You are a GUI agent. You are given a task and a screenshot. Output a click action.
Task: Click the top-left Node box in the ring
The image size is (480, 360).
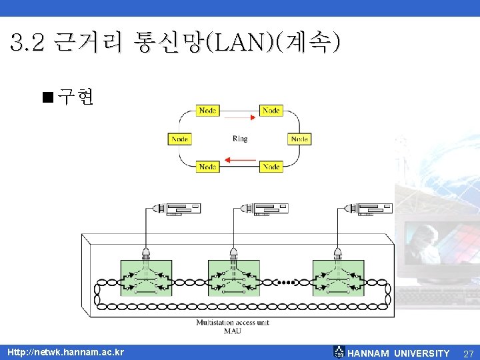[207, 110]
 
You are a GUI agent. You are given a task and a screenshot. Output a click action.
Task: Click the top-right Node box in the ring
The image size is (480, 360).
[271, 110]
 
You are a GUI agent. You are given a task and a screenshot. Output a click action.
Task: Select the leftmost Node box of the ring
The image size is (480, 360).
[179, 139]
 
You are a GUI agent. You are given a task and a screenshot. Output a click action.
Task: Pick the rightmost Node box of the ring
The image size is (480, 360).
[299, 139]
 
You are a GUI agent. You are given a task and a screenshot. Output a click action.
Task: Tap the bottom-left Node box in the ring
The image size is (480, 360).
[207, 166]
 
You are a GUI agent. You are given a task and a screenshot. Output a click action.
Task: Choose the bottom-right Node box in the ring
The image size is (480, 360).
[271, 166]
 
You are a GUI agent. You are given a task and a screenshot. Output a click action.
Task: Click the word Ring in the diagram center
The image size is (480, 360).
[240, 139]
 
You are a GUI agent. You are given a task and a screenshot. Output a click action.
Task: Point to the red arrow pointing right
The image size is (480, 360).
[241, 117]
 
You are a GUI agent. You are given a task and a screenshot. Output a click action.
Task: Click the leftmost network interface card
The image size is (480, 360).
[176, 209]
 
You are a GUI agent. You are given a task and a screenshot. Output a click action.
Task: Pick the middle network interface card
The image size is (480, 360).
[264, 209]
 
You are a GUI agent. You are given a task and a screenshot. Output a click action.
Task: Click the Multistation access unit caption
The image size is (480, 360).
[233, 323]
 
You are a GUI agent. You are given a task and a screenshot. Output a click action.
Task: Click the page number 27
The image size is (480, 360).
[468, 353]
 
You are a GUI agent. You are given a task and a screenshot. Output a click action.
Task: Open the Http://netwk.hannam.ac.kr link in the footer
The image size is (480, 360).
[65, 352]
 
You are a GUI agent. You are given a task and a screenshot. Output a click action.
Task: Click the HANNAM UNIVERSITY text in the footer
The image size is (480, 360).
[399, 353]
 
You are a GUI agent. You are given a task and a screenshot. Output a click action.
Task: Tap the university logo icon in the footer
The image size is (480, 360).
[339, 351]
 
